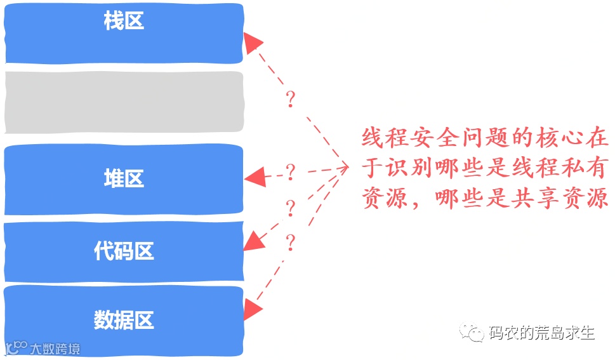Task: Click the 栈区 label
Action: point(124,22)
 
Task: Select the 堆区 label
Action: point(124,178)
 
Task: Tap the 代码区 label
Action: point(124,251)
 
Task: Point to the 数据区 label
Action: point(124,319)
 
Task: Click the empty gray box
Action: point(124,102)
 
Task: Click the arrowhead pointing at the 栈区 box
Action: point(253,43)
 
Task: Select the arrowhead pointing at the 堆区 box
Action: point(255,177)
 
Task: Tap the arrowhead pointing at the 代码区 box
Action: point(253,241)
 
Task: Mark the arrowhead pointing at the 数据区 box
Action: point(253,310)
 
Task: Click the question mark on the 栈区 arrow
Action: point(291,100)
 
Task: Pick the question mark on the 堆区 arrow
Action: point(291,171)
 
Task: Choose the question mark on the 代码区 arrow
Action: point(291,208)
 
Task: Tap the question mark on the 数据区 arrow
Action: point(291,242)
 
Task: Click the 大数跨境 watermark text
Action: point(57,349)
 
